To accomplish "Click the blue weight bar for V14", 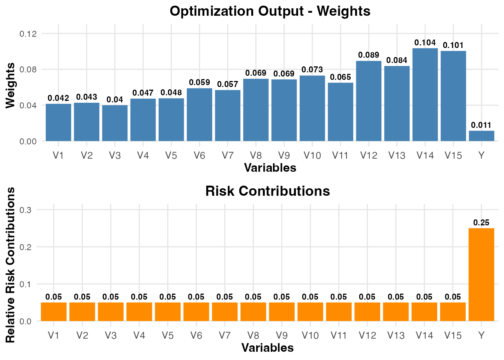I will tap(425, 94).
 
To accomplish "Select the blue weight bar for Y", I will tap(481, 136).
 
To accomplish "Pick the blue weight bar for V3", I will tap(115, 123).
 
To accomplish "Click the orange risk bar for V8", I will tap(253, 312).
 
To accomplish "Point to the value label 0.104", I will tap(425, 43).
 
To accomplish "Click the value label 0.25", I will tap(481, 223).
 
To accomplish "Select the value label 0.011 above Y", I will tap(481, 125).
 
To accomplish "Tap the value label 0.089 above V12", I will tap(369, 55).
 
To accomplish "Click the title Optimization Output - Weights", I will tap(270, 11).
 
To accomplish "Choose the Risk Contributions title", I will tap(268, 191).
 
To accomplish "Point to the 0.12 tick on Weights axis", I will tap(28, 34).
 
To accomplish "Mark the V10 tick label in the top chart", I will tap(312, 155).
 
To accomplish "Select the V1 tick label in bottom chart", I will tap(54, 335).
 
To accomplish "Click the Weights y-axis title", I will tap(10, 86).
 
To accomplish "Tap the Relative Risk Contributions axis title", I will tap(10, 265).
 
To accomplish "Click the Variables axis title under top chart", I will tap(270, 168).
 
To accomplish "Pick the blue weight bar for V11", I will tap(340, 112).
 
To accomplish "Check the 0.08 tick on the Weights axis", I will tap(28, 69).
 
